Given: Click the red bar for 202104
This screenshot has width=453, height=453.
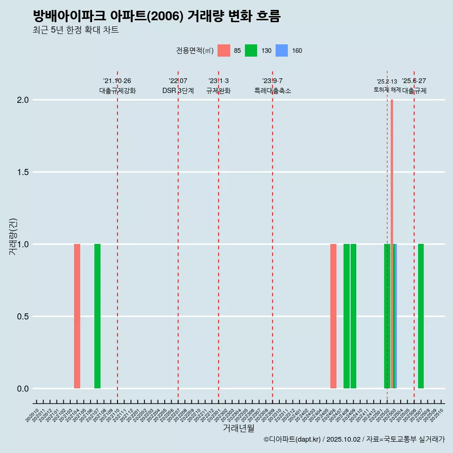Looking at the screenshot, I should [77, 316].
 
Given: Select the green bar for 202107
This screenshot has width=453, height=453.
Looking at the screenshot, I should [97, 316].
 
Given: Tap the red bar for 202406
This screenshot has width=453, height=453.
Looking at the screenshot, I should [333, 316].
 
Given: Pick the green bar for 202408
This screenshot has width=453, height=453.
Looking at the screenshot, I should [346, 316].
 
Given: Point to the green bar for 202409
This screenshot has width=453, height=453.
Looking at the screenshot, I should [353, 316].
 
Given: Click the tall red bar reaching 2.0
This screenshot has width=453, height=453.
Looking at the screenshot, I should [392, 236].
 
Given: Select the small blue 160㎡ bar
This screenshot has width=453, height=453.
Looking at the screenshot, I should [395, 316].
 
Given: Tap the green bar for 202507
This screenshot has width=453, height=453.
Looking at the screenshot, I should [421, 316].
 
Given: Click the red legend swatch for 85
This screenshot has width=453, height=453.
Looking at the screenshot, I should [224, 50].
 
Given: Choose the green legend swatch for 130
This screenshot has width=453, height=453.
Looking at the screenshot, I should [251, 50].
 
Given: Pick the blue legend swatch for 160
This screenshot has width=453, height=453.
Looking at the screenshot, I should [281, 50].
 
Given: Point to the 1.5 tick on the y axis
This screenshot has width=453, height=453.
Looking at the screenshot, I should [23, 172].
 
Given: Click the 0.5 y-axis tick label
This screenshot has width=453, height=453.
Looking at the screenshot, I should [23, 317].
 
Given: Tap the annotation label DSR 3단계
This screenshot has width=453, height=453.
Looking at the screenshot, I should [178, 91].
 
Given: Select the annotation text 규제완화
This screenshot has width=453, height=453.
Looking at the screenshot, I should [218, 91].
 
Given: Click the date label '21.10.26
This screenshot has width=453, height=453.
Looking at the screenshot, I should [117, 81].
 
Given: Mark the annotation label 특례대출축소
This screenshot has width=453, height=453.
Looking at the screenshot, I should [273, 91].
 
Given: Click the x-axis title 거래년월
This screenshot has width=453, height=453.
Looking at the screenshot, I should [238, 428].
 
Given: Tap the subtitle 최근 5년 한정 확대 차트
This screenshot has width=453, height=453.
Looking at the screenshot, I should [75, 30].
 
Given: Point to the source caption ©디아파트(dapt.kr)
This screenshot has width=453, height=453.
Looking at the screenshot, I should [293, 440].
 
